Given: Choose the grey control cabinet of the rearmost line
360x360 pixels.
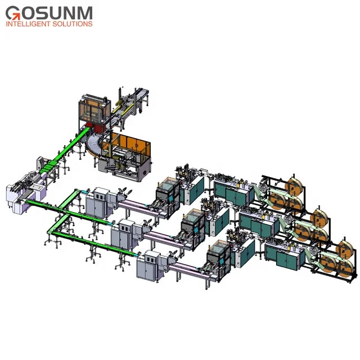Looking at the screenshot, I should click(102, 200).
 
